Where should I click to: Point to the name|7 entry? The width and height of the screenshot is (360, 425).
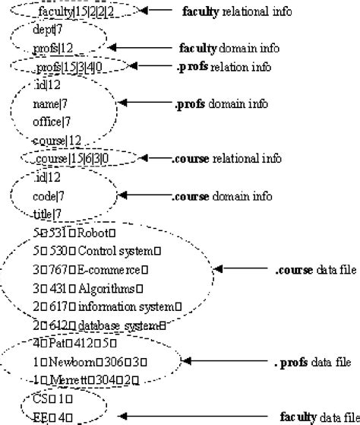[50, 103]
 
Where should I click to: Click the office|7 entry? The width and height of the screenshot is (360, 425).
[52, 122]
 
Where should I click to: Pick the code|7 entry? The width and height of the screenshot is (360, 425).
[49, 195]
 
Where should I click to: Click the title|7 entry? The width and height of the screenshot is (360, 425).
[48, 214]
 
